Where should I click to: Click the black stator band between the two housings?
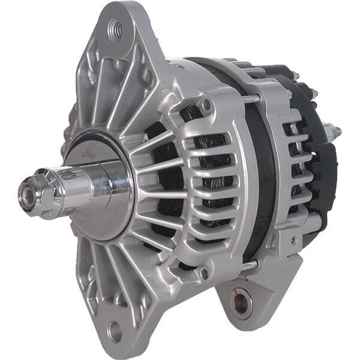click(252, 180)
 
